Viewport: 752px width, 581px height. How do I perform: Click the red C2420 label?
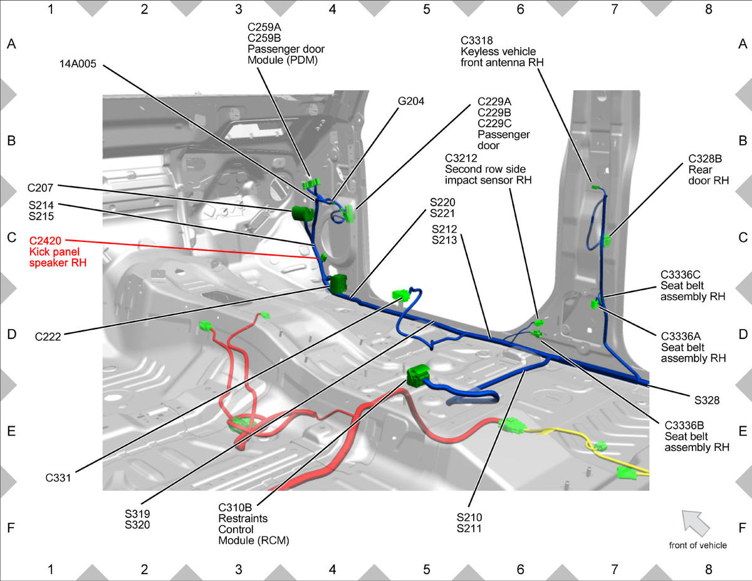[45, 241]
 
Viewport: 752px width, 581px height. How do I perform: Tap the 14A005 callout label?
[78, 64]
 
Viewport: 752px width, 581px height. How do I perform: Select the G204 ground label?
[410, 102]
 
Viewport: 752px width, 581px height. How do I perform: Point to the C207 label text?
[40, 188]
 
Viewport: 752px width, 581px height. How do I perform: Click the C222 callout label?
[48, 337]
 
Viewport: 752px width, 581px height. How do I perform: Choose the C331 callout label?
[58, 478]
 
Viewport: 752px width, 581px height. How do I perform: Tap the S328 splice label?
[707, 400]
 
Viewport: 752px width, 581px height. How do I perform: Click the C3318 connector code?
[476, 41]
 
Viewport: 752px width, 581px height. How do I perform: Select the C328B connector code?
[705, 159]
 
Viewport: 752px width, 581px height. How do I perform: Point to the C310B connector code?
[235, 508]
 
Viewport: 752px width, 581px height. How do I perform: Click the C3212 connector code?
[461, 158]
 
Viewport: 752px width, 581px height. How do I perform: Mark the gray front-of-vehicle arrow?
[695, 523]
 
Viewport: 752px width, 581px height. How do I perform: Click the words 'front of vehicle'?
[697, 545]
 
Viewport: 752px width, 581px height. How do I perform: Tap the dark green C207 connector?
[302, 213]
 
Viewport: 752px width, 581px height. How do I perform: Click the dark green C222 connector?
[338, 284]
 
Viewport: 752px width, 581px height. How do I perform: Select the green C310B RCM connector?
[418, 375]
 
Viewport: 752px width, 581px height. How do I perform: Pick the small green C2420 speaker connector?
[323, 258]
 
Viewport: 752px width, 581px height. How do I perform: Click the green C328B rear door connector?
[607, 241]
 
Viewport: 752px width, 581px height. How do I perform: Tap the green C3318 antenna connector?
[595, 187]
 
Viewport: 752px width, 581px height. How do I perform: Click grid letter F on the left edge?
[11, 528]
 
